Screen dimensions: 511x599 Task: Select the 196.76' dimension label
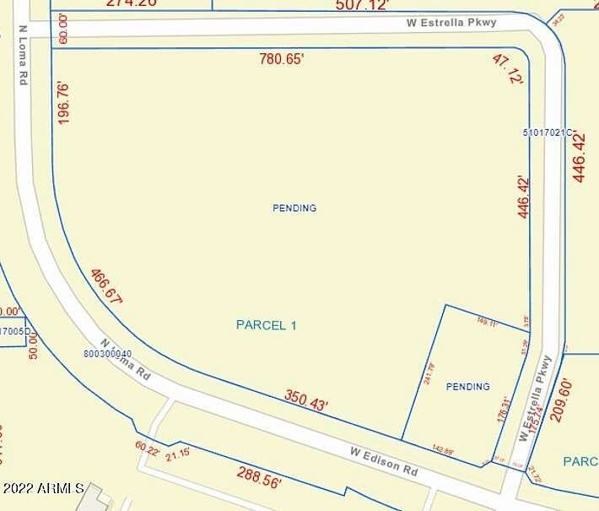[x=64, y=104]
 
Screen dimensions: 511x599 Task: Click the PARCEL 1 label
[x=266, y=325]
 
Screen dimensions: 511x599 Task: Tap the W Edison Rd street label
[x=385, y=460]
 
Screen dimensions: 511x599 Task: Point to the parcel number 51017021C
[x=548, y=133]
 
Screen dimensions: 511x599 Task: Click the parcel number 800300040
[x=108, y=354]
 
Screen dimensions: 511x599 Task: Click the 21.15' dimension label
[x=177, y=456]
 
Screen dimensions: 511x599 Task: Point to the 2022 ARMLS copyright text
[x=42, y=488]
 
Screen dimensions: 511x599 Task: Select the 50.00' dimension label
[x=34, y=345]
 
